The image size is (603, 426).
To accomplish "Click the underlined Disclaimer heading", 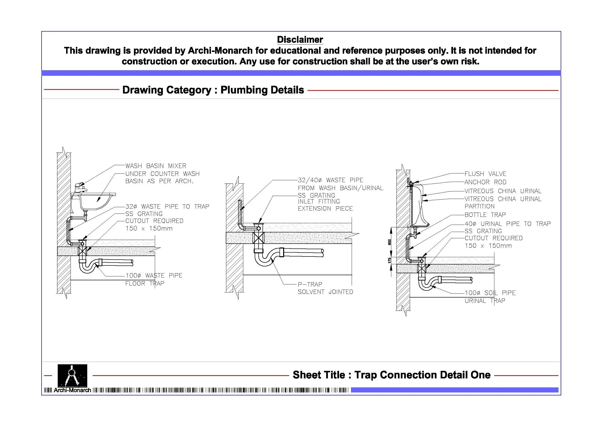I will click(300, 40).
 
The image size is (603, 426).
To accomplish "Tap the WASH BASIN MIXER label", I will click(156, 166).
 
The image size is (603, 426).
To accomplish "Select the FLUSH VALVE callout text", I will click(485, 174).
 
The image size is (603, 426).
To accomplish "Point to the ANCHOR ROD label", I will click(485, 182).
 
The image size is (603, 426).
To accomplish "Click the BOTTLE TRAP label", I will click(485, 215).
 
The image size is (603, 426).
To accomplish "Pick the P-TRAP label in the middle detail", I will click(310, 284).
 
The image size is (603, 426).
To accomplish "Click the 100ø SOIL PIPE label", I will click(490, 293).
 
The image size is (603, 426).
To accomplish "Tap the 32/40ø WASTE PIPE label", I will click(330, 180).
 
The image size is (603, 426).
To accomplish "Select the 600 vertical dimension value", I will click(389, 242).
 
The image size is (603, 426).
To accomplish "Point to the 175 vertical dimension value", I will click(389, 260).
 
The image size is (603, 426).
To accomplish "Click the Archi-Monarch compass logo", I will click(72, 375).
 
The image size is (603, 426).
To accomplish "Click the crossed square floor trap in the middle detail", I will click(258, 238).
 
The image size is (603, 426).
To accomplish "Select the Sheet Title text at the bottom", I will click(391, 375).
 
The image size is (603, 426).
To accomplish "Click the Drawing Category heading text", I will click(213, 90).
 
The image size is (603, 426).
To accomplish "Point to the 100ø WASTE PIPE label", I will click(154, 276).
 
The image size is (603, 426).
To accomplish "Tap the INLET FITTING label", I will click(319, 202).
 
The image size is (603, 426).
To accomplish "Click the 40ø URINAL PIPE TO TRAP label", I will click(507, 224).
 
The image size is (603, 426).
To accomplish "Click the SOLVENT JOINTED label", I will click(325, 292).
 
